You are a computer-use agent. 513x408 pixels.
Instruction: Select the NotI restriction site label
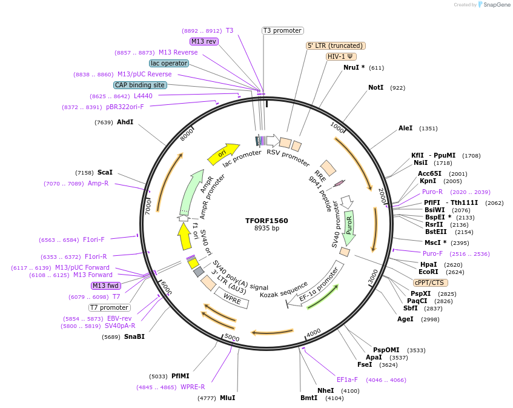(x=376, y=88)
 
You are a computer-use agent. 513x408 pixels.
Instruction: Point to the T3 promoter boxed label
(x=282, y=30)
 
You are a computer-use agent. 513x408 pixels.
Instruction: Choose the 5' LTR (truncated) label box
(x=336, y=45)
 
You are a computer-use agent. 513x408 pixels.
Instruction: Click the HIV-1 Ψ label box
(x=341, y=56)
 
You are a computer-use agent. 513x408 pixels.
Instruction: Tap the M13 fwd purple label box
(x=105, y=286)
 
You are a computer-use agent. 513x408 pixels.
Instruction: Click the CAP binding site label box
(x=140, y=85)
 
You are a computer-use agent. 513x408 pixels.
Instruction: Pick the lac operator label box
(x=168, y=63)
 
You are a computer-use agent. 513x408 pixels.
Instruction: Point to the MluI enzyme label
(x=227, y=398)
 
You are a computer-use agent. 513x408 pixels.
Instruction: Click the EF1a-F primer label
(x=347, y=380)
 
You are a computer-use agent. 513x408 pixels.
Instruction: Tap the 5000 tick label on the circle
(x=232, y=337)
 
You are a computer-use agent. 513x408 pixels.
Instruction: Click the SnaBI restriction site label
(x=135, y=336)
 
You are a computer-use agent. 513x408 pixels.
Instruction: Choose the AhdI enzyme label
(x=125, y=122)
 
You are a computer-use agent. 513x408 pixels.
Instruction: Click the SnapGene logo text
(x=494, y=5)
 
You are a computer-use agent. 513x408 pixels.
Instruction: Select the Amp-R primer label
(x=98, y=183)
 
